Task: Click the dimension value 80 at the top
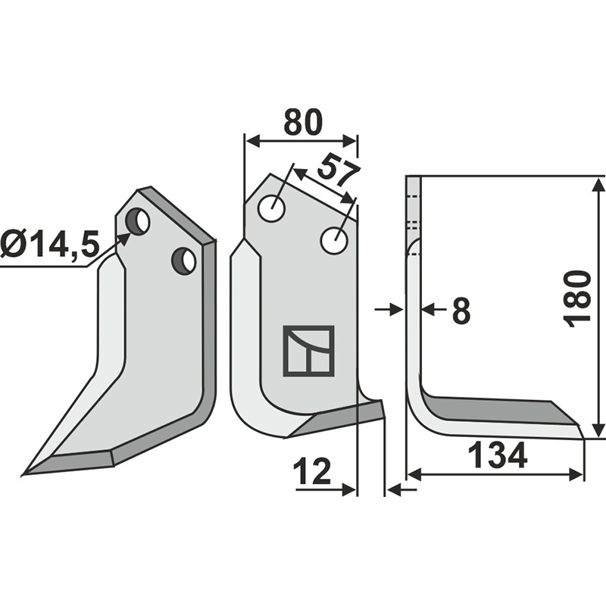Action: pos(302,121)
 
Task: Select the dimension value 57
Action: pos(338,170)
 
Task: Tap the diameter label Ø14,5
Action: pos(50,245)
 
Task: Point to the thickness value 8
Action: pos(461,310)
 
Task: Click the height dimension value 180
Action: pos(578,297)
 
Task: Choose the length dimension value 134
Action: pos(497,455)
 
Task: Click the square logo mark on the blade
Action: pos(308,351)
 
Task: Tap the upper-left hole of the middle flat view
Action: pos(271,208)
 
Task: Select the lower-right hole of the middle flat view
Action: pos(334,241)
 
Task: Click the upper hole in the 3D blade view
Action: pos(138,221)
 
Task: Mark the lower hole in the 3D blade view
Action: pos(184,261)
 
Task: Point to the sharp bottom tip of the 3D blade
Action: pos(27,474)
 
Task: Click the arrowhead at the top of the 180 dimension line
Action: pos(598,183)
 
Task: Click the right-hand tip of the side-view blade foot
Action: pos(583,436)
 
